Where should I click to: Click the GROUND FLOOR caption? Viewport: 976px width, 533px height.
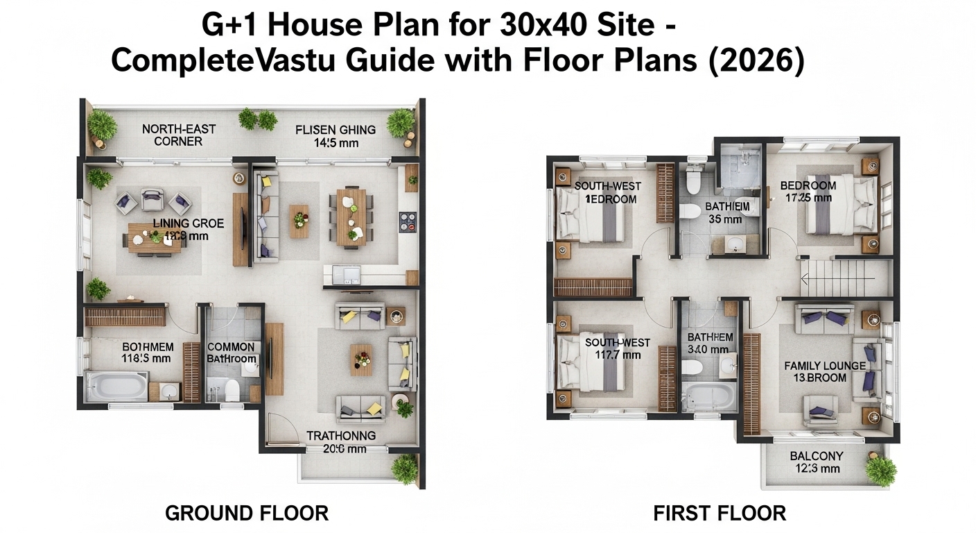pyautogui.click(x=246, y=514)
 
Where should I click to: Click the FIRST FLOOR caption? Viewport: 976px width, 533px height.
pyautogui.click(x=720, y=514)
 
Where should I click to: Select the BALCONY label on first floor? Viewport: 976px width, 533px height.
pyautogui.click(x=816, y=462)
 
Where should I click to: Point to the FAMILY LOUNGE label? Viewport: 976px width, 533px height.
pyautogui.click(x=824, y=371)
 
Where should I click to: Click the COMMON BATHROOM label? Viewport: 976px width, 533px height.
pyautogui.click(x=231, y=353)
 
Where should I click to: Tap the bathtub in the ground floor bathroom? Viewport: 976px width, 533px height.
pyautogui.click(x=116, y=386)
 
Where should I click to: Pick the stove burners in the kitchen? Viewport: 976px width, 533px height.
pyautogui.click(x=407, y=222)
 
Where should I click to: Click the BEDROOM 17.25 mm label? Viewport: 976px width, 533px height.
pyautogui.click(x=808, y=192)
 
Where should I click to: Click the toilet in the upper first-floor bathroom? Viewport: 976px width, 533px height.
pyautogui.click(x=692, y=182)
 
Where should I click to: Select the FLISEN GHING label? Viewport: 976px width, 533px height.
pyautogui.click(x=335, y=135)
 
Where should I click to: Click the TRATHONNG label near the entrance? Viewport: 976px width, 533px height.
pyautogui.click(x=341, y=441)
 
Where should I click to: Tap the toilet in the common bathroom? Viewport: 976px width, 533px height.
pyautogui.click(x=231, y=391)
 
